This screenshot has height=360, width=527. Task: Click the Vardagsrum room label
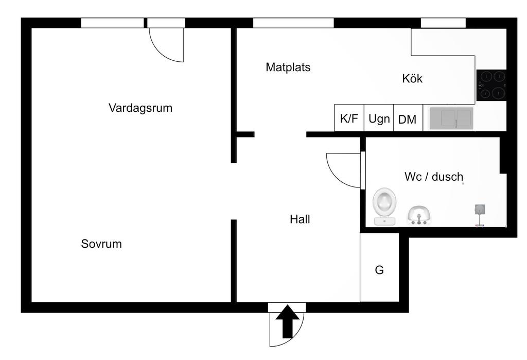point(140,108)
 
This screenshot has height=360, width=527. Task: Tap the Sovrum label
point(101,244)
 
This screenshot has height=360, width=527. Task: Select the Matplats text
point(288,67)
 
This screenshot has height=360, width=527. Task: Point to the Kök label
point(412,79)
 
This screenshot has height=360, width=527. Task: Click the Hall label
point(300,219)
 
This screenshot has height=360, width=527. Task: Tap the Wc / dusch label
point(434,177)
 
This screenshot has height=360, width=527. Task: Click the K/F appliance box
point(349,118)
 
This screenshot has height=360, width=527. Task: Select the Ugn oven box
point(379,118)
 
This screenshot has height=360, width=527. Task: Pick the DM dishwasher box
point(408,119)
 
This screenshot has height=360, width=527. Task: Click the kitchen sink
point(451,118)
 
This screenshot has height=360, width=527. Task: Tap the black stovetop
point(491,85)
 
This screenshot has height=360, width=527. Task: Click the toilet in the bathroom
point(385,206)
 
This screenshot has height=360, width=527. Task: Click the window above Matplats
point(293,23)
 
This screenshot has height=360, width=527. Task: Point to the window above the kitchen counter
point(443,23)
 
